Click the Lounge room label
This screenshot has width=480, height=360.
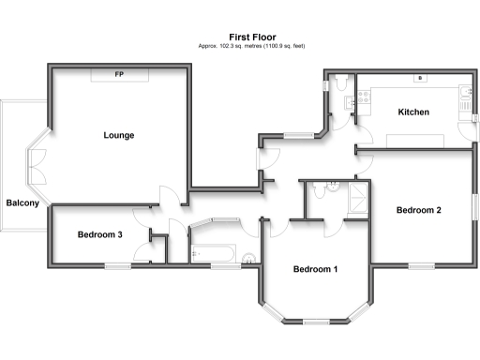[119, 135]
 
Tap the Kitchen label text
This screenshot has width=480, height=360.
[413, 112]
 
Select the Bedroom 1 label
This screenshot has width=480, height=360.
[315, 270]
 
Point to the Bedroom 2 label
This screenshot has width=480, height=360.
[418, 210]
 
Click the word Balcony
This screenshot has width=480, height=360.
[22, 202]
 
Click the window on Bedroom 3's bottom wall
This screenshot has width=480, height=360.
[117, 265]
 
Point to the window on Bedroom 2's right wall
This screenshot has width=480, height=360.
[474, 206]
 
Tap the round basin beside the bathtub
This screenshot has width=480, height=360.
[247, 260]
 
